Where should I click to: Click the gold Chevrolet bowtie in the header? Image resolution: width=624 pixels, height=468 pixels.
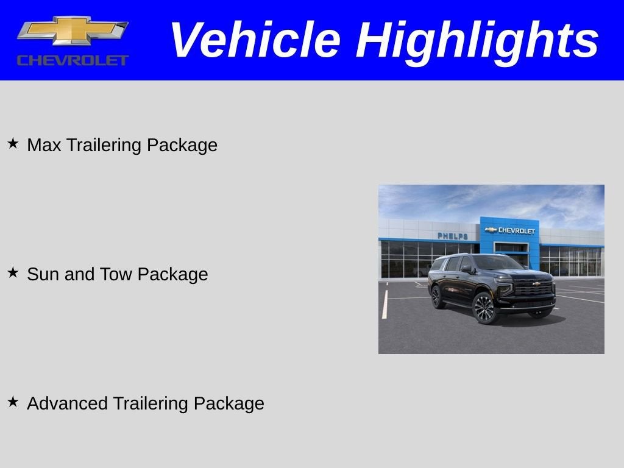pos(72,31)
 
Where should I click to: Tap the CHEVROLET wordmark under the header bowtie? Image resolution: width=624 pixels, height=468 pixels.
pos(73,60)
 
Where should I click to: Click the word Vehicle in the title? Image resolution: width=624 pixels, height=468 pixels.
pos(254,40)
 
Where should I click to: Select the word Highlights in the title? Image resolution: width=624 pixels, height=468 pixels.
pos(477,40)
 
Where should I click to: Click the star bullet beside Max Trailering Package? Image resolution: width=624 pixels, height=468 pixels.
pos(13,144)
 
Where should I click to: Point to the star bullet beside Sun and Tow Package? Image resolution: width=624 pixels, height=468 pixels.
pos(13,273)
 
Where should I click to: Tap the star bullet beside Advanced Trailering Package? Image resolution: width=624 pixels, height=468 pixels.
pos(13,402)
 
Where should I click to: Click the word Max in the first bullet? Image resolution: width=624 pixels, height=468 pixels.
pos(44,145)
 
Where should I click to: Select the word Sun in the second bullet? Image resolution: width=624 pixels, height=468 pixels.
pos(43,274)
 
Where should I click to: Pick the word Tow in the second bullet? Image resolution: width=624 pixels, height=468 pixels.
pos(116,274)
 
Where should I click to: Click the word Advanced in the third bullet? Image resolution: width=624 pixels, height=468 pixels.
pos(68,403)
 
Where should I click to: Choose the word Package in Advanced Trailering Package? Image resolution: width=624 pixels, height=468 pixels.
pos(229,403)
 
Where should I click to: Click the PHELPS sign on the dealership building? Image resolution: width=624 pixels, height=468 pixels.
pos(453,236)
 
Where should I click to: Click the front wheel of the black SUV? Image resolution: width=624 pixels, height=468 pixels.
pos(484,308)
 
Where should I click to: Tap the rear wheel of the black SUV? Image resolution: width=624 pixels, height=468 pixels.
pos(437,297)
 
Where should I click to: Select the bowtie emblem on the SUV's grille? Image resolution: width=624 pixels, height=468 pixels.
pos(536,283)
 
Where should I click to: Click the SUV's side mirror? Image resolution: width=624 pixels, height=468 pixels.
pos(466,268)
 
